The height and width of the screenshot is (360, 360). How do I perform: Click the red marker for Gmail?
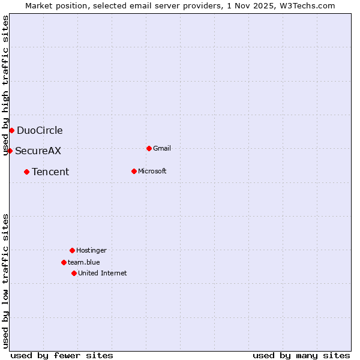tap(149, 148)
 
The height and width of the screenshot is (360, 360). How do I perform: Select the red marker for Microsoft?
tap(134, 171)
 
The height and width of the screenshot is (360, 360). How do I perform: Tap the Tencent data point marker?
tap(26, 172)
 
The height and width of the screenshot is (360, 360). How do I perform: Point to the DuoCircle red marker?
tap(11, 130)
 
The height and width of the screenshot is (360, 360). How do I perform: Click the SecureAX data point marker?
tap(10, 151)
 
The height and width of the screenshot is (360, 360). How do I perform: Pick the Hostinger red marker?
tap(72, 250)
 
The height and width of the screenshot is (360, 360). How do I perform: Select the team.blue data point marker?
tap(64, 262)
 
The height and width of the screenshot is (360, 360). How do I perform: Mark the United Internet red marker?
tap(74, 273)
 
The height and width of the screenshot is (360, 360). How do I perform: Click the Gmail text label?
tap(162, 148)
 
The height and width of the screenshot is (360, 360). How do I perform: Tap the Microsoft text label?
tap(152, 171)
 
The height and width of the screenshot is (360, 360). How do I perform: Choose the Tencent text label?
tap(50, 172)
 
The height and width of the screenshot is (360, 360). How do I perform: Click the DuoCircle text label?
tap(40, 130)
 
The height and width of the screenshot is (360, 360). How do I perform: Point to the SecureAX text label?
tap(38, 151)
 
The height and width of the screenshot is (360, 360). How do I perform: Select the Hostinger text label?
tap(91, 250)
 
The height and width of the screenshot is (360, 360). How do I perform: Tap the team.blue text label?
tap(84, 262)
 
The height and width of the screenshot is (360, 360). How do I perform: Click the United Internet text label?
tap(103, 273)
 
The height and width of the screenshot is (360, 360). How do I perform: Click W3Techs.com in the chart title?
tap(306, 5)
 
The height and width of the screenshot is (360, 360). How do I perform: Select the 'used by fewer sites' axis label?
tap(62, 355)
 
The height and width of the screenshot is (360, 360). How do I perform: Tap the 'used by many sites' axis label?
tap(301, 355)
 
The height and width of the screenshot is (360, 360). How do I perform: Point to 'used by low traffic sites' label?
tap(5, 281)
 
